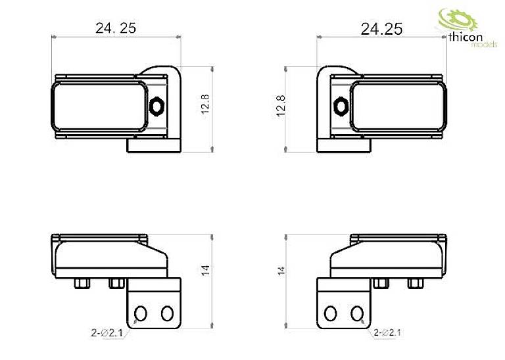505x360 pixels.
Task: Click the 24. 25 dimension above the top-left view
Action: (x=116, y=28)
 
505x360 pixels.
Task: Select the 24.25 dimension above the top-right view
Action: (x=381, y=29)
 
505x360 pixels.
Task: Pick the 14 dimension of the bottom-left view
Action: (x=205, y=270)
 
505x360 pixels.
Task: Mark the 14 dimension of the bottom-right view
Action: (x=281, y=270)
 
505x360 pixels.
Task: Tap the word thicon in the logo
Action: (x=465, y=39)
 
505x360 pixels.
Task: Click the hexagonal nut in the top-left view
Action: (x=157, y=104)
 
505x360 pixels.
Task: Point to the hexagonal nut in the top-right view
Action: (x=340, y=104)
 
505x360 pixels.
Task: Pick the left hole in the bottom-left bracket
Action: (x=141, y=312)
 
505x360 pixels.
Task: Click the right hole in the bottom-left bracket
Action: (x=166, y=312)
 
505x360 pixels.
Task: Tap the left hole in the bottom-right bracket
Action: (x=331, y=312)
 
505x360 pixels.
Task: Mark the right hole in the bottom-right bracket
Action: (x=356, y=312)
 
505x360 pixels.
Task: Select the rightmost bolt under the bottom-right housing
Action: (x=415, y=283)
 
